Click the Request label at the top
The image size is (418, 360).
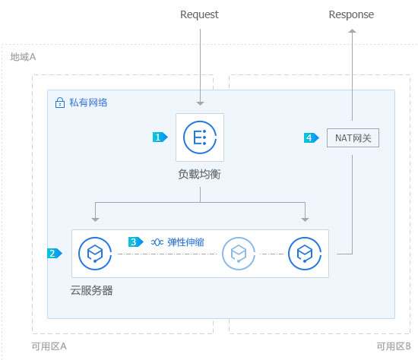pos(199,14)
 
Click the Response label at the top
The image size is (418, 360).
pos(351,14)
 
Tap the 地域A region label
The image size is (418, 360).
pos(23,57)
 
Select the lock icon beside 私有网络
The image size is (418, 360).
pos(60,103)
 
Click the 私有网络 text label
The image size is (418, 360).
pos(88,103)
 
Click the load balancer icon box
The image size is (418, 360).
pos(200,137)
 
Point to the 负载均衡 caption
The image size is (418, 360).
pos(200,175)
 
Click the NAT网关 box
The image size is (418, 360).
pos(353,138)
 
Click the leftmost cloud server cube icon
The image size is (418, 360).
pos(95,253)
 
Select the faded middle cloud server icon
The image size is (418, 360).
pos(239,253)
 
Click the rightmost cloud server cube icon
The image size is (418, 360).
pos(305,253)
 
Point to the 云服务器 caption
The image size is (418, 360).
pos(92,290)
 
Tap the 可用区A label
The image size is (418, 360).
pos(49,346)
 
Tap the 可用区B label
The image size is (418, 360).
pos(394,346)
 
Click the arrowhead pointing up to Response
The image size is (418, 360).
pos(352,31)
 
